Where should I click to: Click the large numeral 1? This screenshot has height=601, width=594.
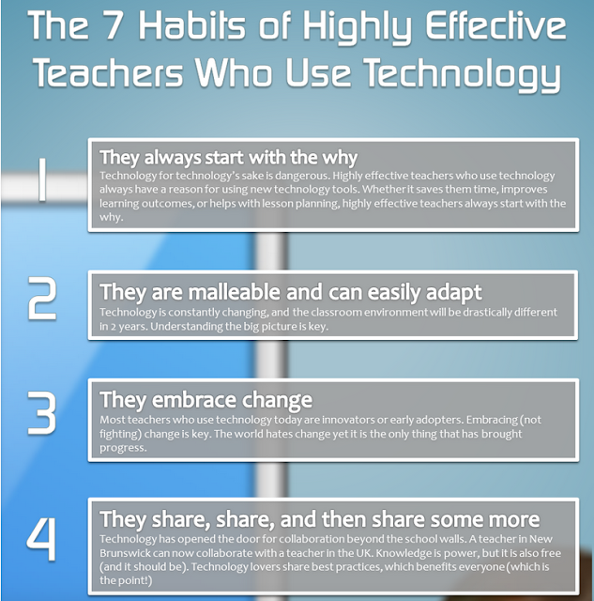pos(42,179)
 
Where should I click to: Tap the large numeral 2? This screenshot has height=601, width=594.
pos(42,299)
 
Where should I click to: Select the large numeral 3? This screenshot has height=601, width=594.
pos(42,413)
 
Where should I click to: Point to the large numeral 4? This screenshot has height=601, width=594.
pos(41,539)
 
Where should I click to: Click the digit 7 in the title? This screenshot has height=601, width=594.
pos(113,25)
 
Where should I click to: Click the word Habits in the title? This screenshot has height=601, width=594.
pos(191,25)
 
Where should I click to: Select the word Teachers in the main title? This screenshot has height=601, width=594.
pos(108,72)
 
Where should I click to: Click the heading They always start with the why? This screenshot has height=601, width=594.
pos(229,158)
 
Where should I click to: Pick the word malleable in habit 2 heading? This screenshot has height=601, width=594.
pos(235,292)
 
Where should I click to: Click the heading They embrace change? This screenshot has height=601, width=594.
pos(206,400)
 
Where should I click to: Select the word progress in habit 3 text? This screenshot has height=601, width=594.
pos(123,448)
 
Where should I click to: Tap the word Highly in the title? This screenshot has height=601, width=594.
pos(357,27)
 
